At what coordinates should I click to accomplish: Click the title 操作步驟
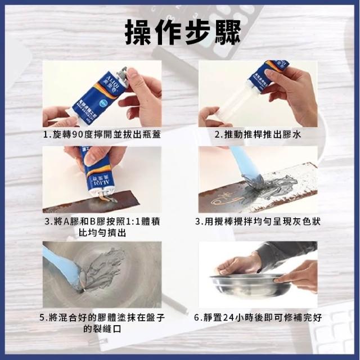click(183, 32)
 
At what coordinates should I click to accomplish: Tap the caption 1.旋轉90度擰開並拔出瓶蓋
click(102, 134)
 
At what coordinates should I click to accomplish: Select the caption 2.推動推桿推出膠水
click(258, 134)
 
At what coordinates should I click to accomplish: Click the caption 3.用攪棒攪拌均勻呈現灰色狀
click(258, 222)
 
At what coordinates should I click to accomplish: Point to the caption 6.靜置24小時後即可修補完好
click(258, 318)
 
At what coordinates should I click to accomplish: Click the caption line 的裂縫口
click(102, 329)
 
